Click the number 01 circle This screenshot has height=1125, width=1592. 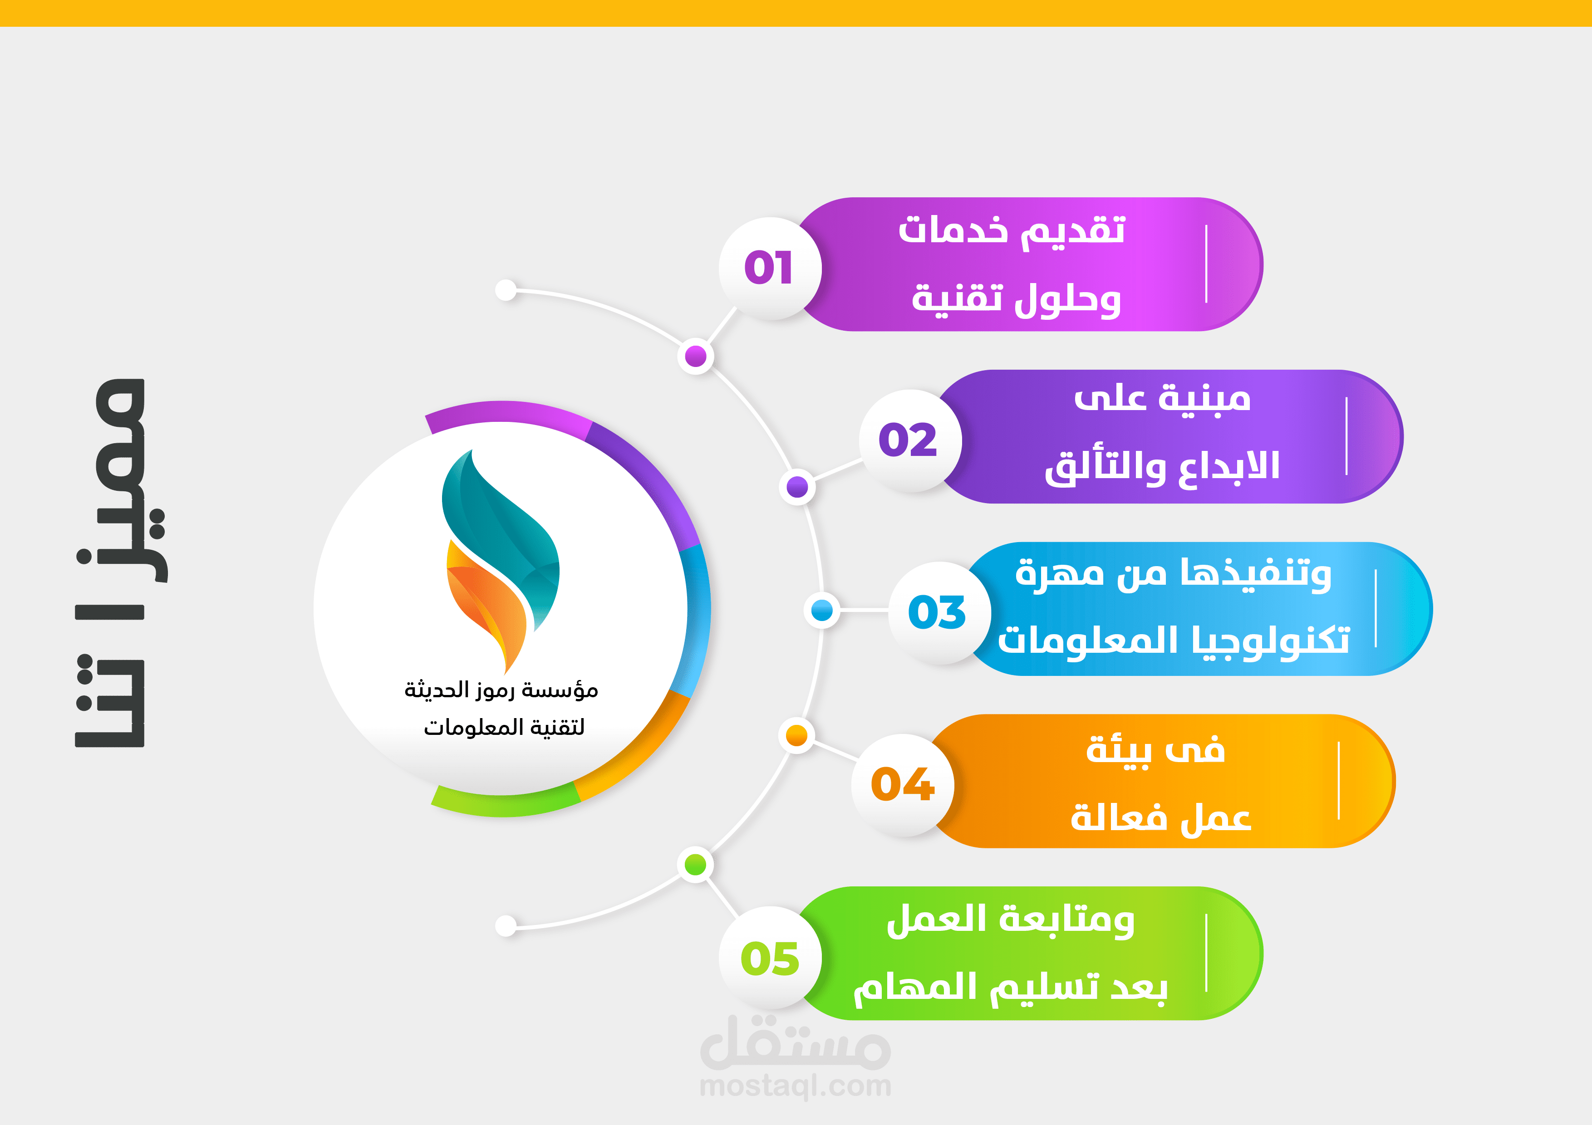770,268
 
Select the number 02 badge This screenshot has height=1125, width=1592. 910,440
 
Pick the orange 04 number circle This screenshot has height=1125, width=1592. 902,785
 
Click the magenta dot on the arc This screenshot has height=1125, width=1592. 695,356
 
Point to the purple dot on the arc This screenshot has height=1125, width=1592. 797,487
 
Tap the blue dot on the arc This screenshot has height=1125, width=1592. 822,611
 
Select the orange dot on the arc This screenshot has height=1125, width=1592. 797,735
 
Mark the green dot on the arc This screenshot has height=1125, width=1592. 695,864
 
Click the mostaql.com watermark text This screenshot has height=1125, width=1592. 795,1086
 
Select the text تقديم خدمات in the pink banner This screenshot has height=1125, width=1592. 1012,230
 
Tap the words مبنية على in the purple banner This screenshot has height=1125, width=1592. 1162,398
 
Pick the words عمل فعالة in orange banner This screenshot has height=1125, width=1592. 1161,817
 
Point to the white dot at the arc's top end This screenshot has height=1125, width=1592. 506,290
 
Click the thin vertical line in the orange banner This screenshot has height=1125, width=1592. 1339,781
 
